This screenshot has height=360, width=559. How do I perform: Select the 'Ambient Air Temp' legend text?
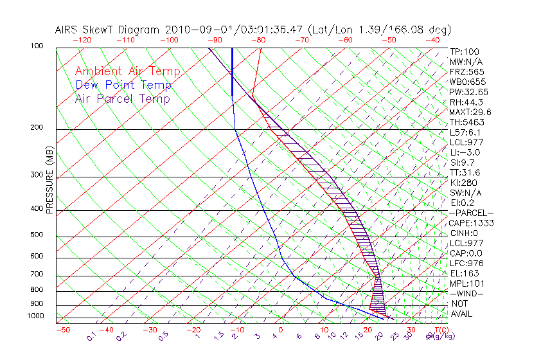[x=127, y=71]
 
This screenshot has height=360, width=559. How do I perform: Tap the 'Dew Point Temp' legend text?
[x=123, y=85]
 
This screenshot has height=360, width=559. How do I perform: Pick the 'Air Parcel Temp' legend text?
[x=122, y=98]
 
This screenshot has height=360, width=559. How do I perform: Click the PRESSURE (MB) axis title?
[x=49, y=179]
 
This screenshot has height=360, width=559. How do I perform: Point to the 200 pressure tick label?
[x=36, y=127]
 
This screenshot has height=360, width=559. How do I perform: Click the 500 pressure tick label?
[x=36, y=235]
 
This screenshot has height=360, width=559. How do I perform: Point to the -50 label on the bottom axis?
[x=62, y=330]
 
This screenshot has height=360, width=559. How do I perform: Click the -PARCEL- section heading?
[x=471, y=213]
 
